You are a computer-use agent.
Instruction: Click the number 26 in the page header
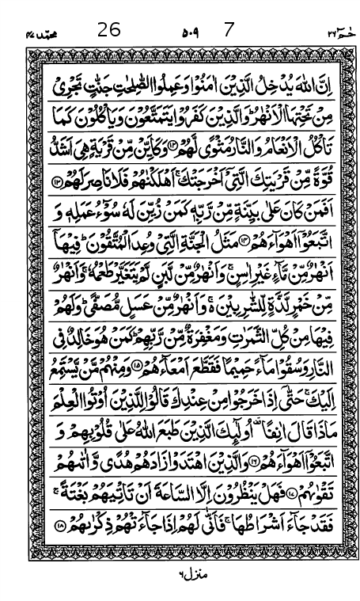108,31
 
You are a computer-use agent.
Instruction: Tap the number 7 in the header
229,31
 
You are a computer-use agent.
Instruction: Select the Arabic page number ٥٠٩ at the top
190,32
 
